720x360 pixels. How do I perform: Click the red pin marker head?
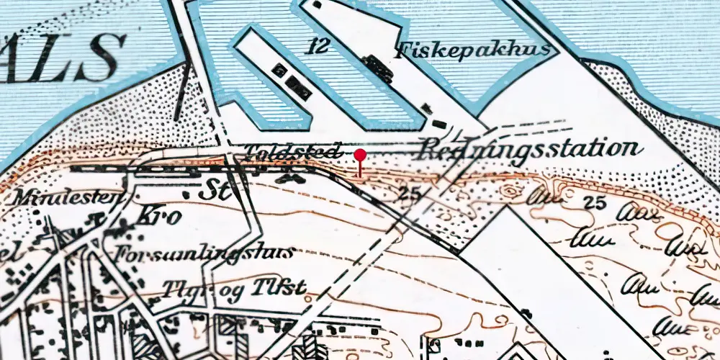[x=360, y=155]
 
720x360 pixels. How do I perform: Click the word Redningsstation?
[x=529, y=150]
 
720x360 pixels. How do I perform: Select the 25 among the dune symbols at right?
[x=595, y=202]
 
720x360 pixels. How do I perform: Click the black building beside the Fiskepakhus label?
[x=377, y=68]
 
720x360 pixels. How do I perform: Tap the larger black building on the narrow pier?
[x=298, y=87]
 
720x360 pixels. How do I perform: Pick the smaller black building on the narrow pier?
[x=277, y=70]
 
